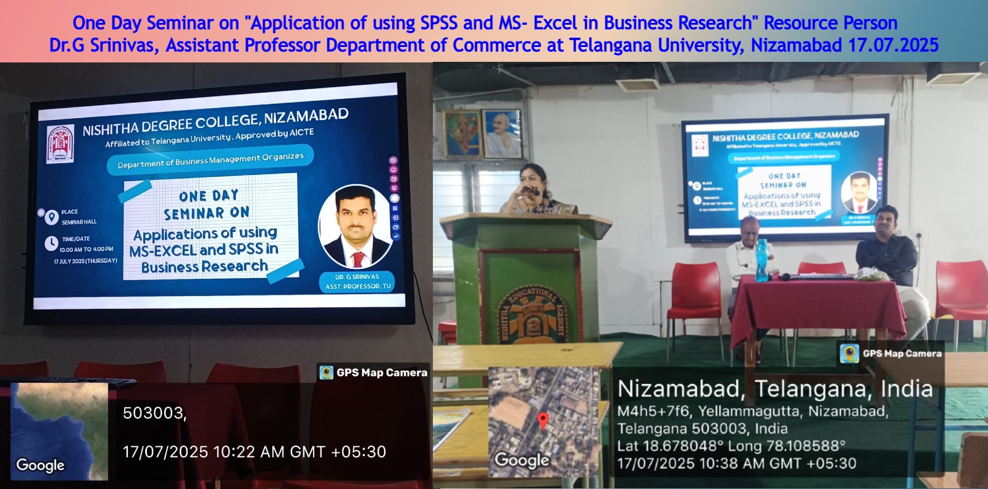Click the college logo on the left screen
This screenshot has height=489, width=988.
[61, 143]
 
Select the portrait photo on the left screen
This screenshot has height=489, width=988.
[355, 226]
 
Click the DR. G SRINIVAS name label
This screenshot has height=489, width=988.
[357, 277]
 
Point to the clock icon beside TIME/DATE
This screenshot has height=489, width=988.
[51, 244]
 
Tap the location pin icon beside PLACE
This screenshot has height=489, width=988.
[51, 217]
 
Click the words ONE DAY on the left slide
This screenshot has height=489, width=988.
[209, 196]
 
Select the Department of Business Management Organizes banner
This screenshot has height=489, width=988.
[211, 160]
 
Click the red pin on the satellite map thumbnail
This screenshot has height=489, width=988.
[543, 420]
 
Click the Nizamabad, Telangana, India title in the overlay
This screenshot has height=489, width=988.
[775, 389]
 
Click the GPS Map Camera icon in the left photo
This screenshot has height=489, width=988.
[327, 372]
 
